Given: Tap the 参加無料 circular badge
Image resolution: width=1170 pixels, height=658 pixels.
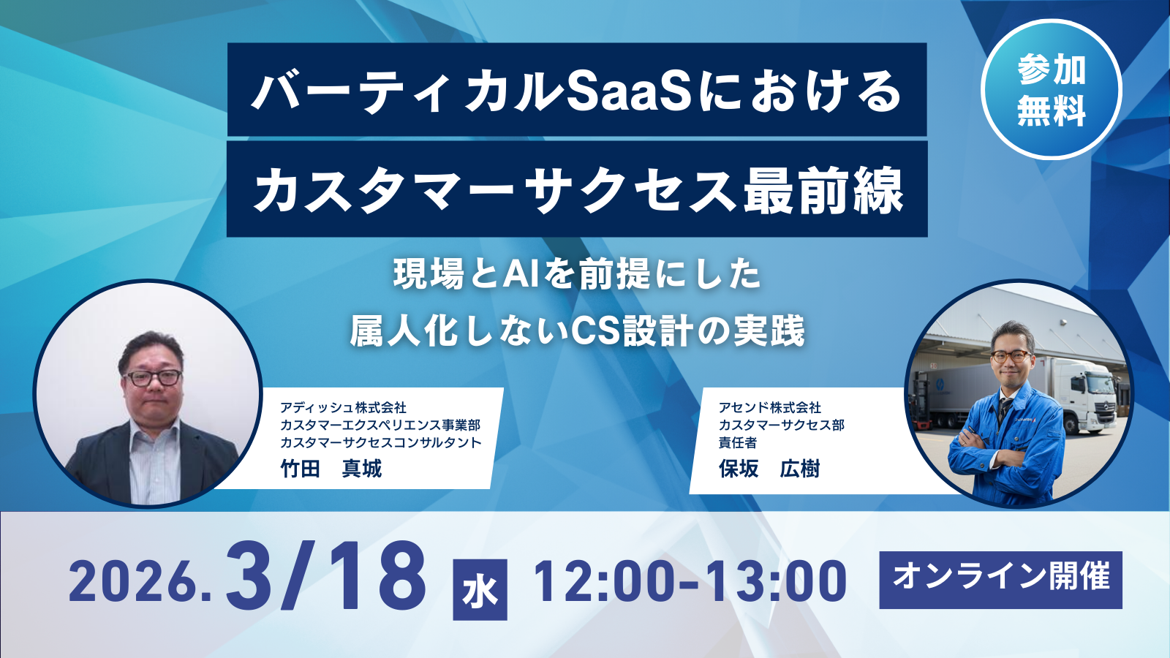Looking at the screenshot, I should (x=1051, y=90).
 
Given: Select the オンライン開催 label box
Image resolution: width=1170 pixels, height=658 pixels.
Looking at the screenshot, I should (x=1000, y=580).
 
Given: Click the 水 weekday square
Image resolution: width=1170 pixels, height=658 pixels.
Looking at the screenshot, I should (x=480, y=589).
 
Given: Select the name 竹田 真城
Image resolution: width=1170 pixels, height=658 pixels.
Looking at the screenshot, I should (x=331, y=469).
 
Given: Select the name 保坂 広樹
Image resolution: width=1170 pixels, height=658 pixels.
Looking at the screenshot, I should (x=769, y=469).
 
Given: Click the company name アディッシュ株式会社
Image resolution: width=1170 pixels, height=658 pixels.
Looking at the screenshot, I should (x=343, y=407).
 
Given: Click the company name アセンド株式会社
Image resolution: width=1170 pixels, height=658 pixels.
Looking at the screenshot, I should (x=770, y=407).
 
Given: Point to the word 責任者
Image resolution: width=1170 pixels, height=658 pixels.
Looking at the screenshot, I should (x=737, y=442).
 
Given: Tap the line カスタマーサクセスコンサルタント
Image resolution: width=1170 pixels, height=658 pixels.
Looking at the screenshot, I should (x=381, y=442).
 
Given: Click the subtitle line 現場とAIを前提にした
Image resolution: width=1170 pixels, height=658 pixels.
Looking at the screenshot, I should (x=578, y=275).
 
